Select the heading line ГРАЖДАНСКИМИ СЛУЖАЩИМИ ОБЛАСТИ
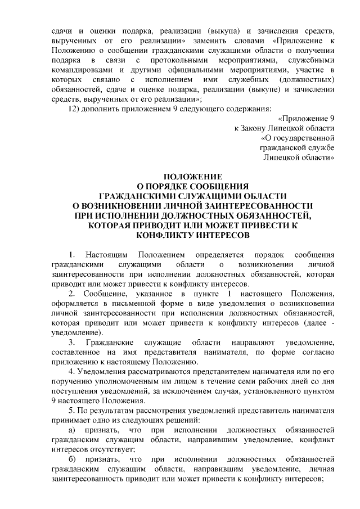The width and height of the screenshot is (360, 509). coord(192,196)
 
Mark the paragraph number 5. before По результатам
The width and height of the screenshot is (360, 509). coord(71,410)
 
